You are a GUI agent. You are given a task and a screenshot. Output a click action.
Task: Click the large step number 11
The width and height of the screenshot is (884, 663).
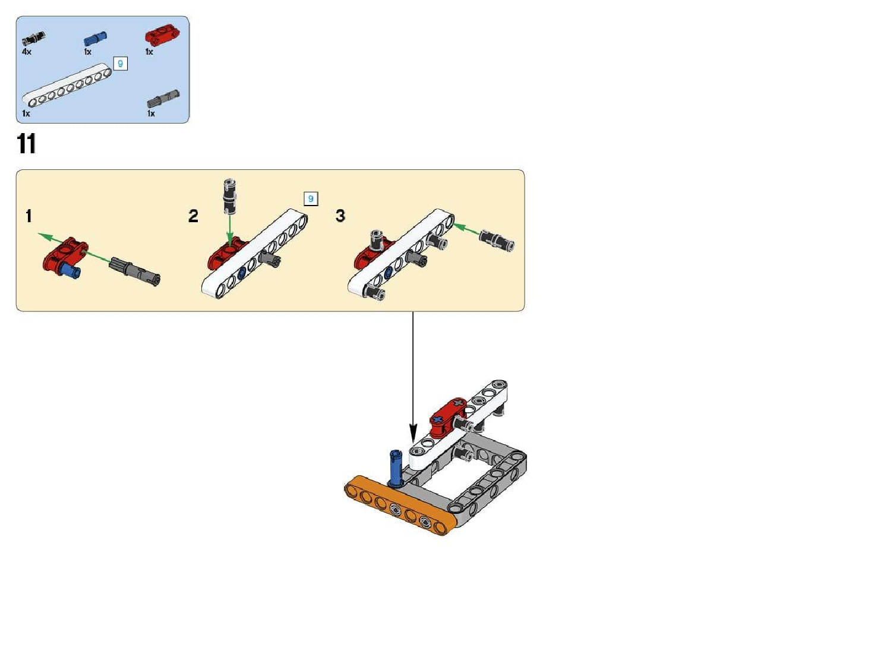[26, 143]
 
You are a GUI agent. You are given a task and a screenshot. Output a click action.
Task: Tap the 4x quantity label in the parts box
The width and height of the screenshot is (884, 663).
[27, 52]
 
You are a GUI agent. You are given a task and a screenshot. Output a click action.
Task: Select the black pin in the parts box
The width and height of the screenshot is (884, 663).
[33, 38]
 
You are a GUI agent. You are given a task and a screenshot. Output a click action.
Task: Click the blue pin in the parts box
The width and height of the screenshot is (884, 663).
[95, 38]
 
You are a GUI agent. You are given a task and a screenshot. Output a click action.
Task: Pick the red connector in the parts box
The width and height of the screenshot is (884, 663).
[162, 35]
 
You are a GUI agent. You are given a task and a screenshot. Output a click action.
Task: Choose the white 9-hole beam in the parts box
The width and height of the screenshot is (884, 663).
[68, 86]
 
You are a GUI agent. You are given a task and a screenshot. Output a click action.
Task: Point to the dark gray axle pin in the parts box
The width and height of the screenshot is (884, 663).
[163, 99]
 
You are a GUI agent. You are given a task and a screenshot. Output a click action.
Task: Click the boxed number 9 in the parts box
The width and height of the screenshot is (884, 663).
[121, 64]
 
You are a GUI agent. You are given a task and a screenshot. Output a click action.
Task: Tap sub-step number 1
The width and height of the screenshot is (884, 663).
[29, 216]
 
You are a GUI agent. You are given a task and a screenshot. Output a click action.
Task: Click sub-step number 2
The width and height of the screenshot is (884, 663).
[193, 216]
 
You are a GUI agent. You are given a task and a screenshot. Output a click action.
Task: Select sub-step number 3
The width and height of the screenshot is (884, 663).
[340, 216]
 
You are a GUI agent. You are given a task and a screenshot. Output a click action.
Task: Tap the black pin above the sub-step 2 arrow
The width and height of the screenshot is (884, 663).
[229, 196]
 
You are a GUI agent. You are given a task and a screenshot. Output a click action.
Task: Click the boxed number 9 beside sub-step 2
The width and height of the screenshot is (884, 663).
[311, 198]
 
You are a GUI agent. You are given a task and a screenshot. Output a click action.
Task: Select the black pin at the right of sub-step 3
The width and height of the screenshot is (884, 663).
[497, 241]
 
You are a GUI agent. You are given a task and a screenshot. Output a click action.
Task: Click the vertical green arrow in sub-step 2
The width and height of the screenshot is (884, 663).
[229, 231]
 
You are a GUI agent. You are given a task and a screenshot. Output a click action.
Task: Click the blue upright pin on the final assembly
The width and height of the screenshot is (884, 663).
[396, 468]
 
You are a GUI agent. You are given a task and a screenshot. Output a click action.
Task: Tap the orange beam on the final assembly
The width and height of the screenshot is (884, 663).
[401, 506]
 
